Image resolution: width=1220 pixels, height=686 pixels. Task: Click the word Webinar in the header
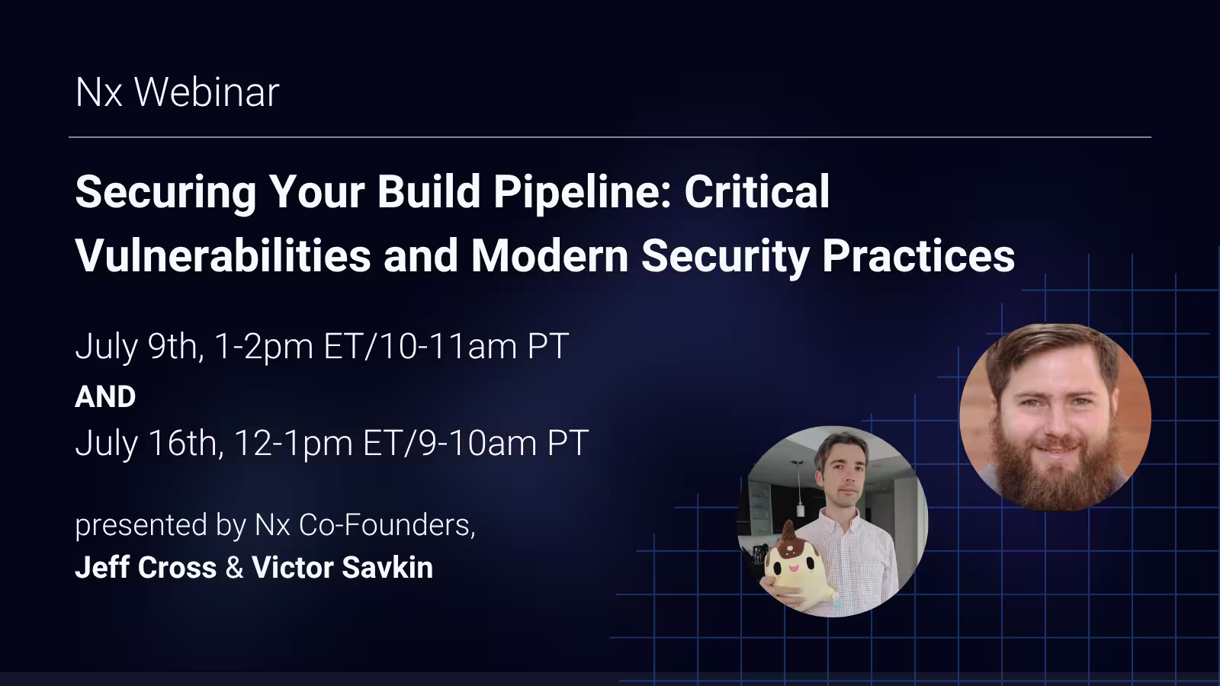[x=207, y=92]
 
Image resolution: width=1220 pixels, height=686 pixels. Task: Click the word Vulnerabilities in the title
[x=223, y=255]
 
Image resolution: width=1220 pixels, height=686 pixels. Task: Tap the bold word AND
[x=105, y=397]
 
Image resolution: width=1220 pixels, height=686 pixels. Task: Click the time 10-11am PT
[x=474, y=347]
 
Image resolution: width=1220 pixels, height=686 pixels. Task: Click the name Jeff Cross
[x=146, y=568]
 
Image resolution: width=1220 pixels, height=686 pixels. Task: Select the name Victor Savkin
[x=342, y=568]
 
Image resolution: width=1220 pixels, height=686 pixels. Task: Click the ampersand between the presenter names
[x=235, y=568]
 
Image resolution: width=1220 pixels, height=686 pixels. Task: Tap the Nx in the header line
[x=98, y=92]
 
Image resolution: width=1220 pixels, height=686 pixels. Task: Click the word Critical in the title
[x=756, y=192]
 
